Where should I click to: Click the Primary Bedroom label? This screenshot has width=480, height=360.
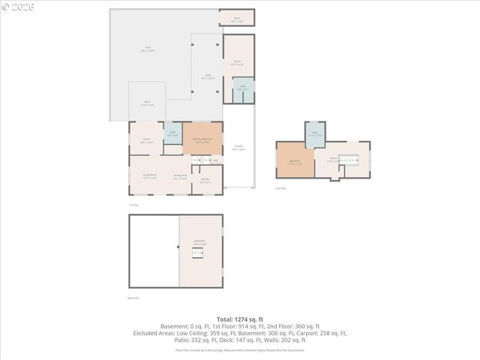pos(202,139)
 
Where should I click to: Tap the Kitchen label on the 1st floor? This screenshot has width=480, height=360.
pos(205,180)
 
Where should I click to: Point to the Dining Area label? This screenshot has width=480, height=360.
pos(181,178)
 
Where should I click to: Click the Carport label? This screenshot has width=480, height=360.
pos(238,148)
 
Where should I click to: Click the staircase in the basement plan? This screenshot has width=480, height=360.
pos(199,255)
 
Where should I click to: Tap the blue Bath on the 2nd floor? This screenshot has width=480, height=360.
pos(315,136)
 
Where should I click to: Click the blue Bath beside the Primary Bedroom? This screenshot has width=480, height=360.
pos(172,134)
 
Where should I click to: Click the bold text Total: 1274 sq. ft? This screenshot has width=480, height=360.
pos(240,319)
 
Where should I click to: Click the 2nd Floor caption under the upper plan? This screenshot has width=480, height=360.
pos(281,188)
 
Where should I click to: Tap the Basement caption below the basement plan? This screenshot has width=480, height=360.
pos(133,298)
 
